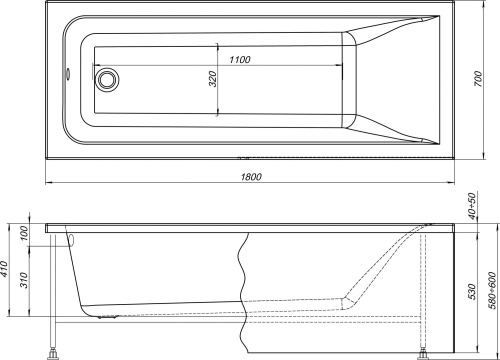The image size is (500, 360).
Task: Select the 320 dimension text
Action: click(213, 80)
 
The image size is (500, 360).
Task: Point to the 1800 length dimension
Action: click(251, 178)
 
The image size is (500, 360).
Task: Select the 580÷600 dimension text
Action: click(487, 289)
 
